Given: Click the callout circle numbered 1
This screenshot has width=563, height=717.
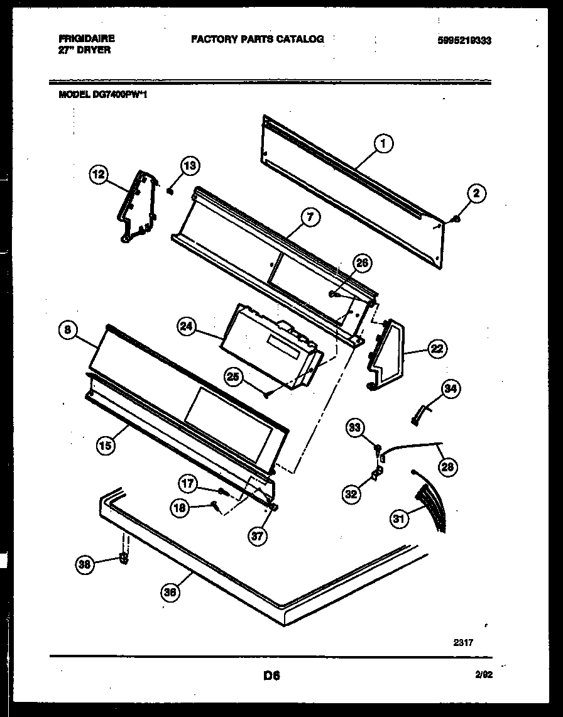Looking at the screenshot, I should tap(383, 145).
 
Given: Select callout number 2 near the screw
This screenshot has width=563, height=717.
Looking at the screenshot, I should tap(476, 194).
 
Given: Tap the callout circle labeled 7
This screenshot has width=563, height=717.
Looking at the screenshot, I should tap(310, 218).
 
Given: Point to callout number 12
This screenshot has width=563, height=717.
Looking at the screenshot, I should tap(99, 175).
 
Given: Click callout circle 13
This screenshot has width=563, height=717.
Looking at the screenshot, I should tap(190, 166).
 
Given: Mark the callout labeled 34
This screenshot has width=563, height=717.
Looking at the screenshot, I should tap(449, 390).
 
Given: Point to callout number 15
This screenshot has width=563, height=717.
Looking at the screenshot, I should tap(106, 446).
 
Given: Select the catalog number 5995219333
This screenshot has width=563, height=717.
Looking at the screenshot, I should tap(464, 40).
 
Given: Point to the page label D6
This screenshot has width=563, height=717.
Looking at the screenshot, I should tap(271, 677).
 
